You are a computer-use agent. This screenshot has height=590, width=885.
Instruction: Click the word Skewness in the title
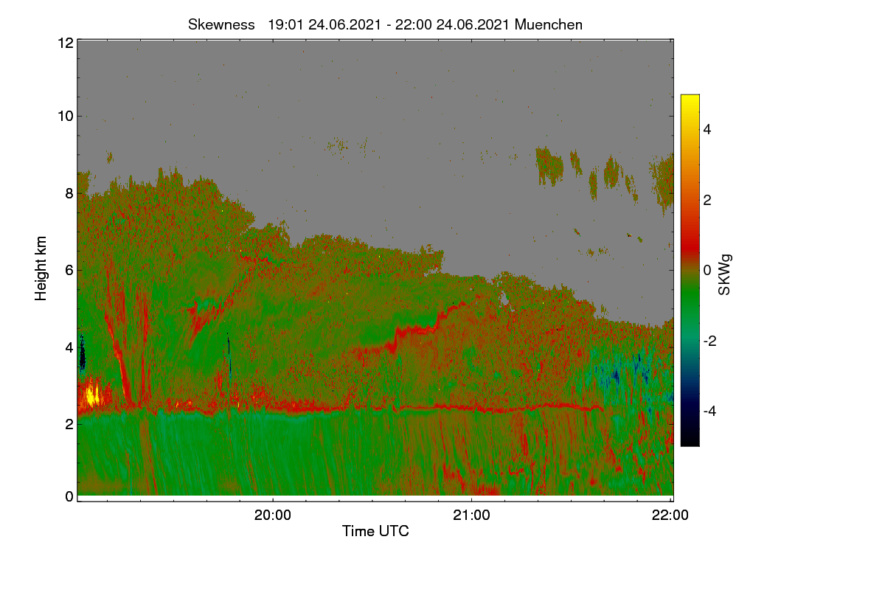click(221, 24)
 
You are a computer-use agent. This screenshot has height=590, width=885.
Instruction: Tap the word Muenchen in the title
click(549, 24)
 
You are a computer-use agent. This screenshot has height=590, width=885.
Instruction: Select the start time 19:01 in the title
click(285, 24)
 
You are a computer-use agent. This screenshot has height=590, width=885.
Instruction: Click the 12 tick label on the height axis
click(66, 43)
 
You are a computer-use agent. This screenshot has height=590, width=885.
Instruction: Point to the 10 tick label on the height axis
click(66, 117)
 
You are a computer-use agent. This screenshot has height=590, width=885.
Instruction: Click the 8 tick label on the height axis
click(69, 193)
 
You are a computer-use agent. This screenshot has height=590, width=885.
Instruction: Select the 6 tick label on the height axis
click(69, 271)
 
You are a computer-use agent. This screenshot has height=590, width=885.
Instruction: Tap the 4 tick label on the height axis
click(69, 348)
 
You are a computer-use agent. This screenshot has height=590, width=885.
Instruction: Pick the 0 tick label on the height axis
click(69, 496)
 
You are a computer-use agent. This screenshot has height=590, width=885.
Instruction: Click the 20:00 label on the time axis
click(273, 515)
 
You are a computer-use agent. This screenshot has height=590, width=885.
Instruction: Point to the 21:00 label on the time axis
click(471, 515)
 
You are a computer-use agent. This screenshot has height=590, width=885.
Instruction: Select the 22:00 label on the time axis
click(670, 515)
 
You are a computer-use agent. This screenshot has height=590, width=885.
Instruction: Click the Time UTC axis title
click(375, 531)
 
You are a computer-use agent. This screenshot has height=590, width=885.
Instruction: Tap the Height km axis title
click(41, 268)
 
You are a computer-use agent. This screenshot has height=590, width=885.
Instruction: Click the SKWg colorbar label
click(724, 274)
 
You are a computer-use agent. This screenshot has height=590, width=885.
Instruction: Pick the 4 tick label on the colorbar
click(707, 129)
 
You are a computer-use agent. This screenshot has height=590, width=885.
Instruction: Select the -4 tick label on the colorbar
click(709, 411)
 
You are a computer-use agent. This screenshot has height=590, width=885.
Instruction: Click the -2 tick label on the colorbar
click(709, 341)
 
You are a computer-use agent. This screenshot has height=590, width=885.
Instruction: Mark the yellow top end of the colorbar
click(690, 96)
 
